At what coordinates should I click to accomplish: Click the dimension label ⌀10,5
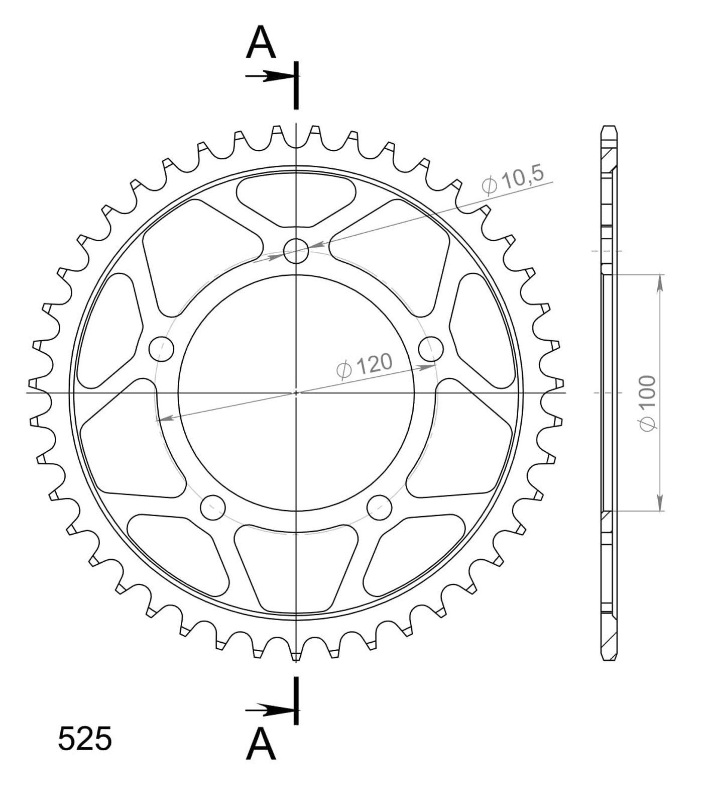coord(513,180)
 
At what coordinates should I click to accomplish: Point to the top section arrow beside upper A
coord(270,76)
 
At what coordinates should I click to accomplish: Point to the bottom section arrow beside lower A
coord(270,710)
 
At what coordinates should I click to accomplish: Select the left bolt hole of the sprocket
coord(162,348)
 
